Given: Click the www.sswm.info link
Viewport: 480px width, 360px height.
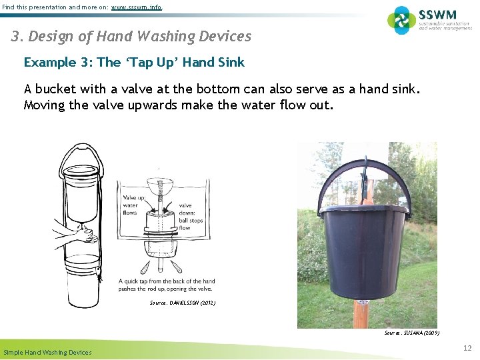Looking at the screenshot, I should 136,7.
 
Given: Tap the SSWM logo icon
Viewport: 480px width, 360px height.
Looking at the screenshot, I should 401,20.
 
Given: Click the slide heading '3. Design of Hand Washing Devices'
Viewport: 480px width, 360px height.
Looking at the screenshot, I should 131,37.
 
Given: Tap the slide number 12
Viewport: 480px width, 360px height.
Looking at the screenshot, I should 467,348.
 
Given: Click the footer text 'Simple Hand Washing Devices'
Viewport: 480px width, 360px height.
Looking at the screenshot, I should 47,352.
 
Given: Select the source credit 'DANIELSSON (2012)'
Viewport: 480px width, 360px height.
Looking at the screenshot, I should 182,304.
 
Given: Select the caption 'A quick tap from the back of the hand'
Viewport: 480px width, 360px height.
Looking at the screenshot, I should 166,281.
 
